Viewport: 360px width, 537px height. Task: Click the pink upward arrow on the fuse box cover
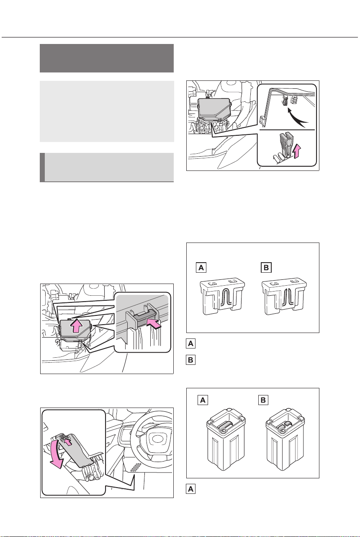click(x=76, y=325)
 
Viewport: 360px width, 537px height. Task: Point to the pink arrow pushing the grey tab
click(x=154, y=323)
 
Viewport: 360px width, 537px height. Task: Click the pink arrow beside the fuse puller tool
click(x=297, y=152)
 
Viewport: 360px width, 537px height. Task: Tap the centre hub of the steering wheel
click(x=157, y=439)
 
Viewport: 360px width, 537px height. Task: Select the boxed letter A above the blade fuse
click(x=201, y=267)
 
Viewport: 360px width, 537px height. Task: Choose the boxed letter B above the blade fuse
click(x=266, y=267)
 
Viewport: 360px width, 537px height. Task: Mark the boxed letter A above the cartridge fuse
click(x=203, y=400)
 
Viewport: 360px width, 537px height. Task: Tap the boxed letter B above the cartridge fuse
click(x=263, y=400)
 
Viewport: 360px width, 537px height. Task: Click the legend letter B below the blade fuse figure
click(x=190, y=360)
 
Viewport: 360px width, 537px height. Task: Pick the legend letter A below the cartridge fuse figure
click(x=190, y=489)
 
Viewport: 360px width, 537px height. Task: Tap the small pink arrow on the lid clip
click(x=69, y=442)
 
